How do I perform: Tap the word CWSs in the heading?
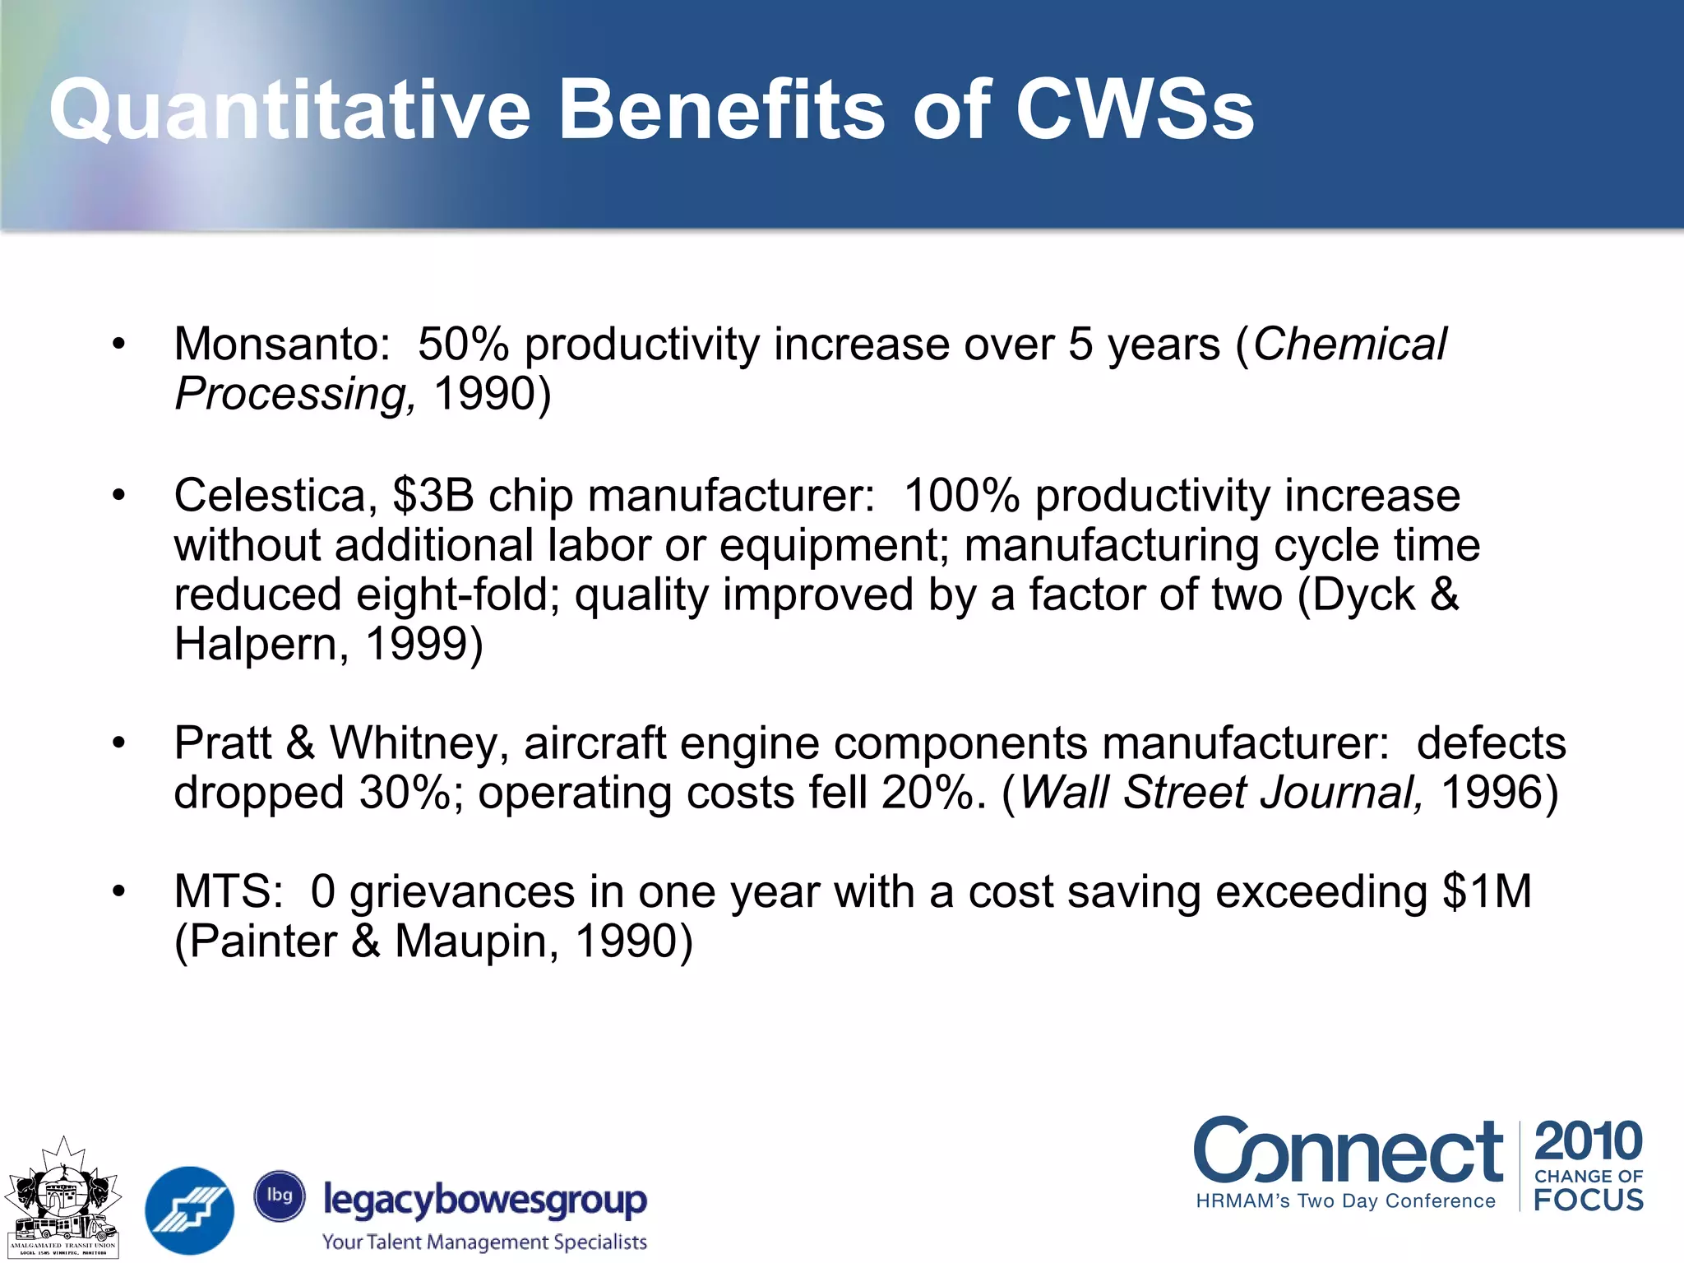click(x=1135, y=111)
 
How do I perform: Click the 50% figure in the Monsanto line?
click(x=463, y=344)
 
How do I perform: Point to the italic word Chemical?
click(x=1349, y=344)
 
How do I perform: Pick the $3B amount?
click(x=433, y=496)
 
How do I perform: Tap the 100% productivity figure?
click(x=961, y=496)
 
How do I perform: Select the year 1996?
click(x=1491, y=793)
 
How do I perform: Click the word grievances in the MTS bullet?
click(x=461, y=892)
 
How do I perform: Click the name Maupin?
click(x=475, y=941)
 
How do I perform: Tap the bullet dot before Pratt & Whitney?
click(x=120, y=743)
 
